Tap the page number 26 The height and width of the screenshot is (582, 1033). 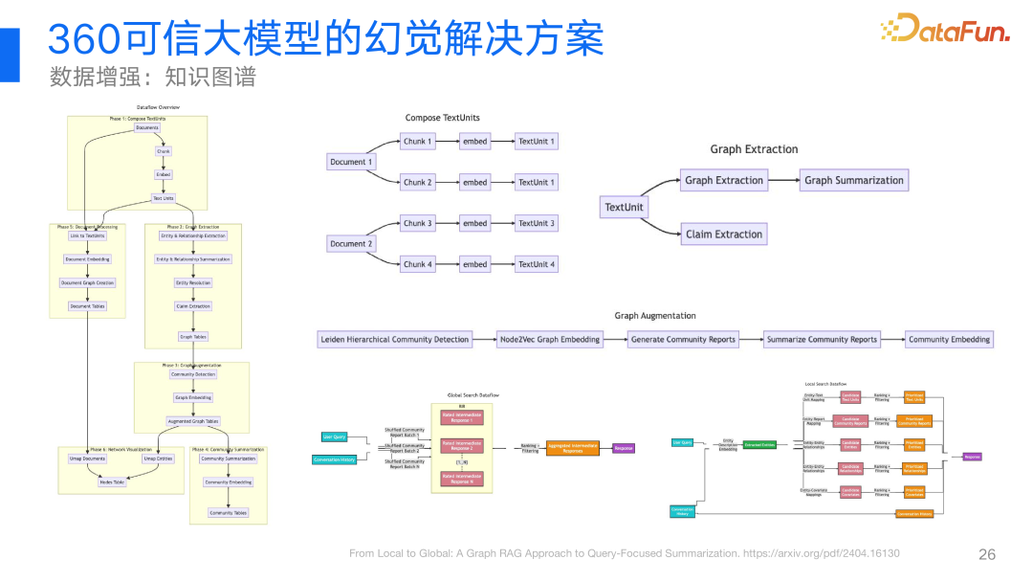point(987,554)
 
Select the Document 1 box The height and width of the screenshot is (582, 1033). point(350,162)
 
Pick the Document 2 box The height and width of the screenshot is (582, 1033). point(350,244)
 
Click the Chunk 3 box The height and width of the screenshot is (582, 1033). point(418,223)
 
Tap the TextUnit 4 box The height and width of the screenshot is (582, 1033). point(537,264)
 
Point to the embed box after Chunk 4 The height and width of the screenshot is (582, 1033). point(474,264)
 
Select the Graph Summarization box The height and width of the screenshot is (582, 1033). point(853,180)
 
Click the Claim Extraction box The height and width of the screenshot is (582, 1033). point(724,235)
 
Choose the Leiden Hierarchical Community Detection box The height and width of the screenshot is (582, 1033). point(395,339)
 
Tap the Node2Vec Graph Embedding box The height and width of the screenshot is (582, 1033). point(550,339)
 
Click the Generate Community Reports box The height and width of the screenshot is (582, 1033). point(683,339)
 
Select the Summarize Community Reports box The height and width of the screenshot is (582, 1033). point(823,339)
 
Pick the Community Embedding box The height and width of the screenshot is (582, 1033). point(949,339)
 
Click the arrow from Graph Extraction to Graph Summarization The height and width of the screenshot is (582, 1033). point(783,180)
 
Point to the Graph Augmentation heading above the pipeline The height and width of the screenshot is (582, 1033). point(655,316)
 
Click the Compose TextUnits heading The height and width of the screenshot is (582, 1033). point(443,118)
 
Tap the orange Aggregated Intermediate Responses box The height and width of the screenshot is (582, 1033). point(572,448)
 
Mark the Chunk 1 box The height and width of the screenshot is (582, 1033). point(418,142)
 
